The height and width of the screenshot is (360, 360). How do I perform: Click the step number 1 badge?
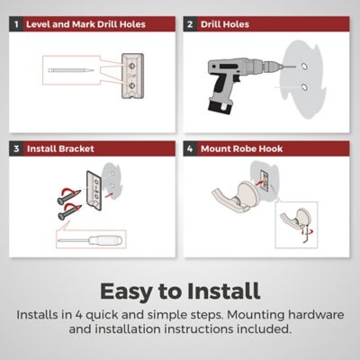tap(16, 24)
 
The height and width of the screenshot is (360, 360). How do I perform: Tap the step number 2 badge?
tap(190, 24)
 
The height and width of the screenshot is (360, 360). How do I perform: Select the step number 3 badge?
tap(16, 148)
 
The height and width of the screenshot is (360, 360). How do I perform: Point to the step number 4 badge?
tap(190, 148)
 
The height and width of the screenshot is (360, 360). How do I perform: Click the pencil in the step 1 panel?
tap(71, 70)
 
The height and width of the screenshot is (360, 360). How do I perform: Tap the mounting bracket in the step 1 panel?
tap(132, 76)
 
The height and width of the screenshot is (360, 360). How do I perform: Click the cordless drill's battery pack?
tap(220, 107)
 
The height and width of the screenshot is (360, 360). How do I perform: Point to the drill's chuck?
tap(272, 66)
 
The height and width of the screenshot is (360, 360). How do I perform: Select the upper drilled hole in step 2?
tap(304, 67)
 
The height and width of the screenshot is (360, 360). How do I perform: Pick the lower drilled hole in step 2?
tap(304, 87)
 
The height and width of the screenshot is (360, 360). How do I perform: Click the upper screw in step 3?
tap(69, 196)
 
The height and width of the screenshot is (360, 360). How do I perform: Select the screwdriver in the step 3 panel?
tap(91, 239)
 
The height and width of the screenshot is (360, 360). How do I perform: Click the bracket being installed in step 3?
tap(94, 190)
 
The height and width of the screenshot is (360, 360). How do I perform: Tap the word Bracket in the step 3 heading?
tap(76, 148)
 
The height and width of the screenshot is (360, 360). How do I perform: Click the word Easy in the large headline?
tap(126, 292)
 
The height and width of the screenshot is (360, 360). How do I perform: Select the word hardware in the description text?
tap(316, 315)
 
